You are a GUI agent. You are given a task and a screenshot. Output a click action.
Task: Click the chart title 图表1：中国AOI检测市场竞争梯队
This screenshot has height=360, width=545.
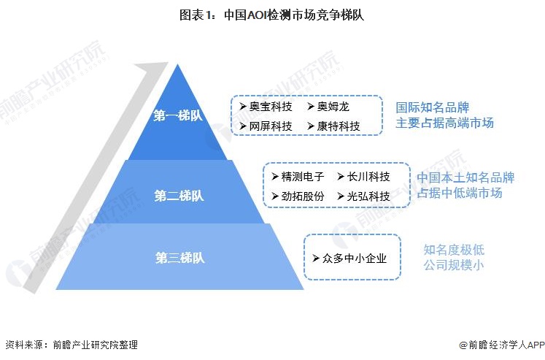[x=272, y=14]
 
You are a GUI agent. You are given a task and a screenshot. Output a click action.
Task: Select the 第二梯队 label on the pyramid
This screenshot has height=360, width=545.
[x=179, y=196]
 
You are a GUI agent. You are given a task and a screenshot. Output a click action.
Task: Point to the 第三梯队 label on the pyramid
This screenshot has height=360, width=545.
[x=179, y=258]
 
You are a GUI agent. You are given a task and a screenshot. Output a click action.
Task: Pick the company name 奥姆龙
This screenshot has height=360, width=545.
[x=333, y=107]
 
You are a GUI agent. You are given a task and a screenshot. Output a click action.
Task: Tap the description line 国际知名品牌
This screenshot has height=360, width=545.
[x=428, y=107]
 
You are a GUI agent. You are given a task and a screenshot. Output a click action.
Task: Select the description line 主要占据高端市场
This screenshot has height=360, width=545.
[x=445, y=123]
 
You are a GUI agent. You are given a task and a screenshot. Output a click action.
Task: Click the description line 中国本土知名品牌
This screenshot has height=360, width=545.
[x=465, y=177]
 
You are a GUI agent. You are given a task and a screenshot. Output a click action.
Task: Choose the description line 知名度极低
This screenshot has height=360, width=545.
[x=454, y=250]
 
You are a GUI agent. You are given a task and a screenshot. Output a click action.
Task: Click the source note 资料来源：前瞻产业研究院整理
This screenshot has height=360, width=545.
[x=71, y=345]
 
